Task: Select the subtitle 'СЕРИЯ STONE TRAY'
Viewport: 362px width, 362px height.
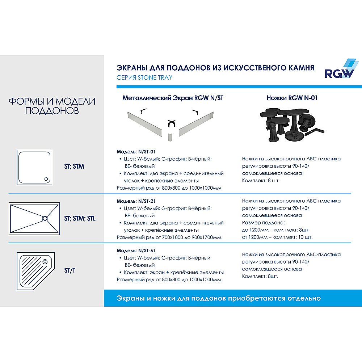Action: pos(144,77)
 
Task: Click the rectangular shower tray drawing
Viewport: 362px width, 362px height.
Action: pos(34,219)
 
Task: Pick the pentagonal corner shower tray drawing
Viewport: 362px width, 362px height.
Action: pos(35,271)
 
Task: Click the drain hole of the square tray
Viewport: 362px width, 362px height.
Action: pos(46,178)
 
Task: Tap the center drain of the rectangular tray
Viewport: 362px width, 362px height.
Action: pos(45,218)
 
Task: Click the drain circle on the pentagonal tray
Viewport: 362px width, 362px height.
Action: pos(45,261)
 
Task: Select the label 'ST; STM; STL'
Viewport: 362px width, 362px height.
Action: pos(80,219)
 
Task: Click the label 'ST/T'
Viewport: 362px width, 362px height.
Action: pos(70,271)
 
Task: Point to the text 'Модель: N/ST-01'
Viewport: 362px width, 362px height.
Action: pos(136,152)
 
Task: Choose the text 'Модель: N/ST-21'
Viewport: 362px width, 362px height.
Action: pos(136,201)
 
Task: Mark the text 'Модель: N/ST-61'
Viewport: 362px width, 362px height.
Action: pos(136,251)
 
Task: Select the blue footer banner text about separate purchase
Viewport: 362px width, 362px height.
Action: pos(219,298)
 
